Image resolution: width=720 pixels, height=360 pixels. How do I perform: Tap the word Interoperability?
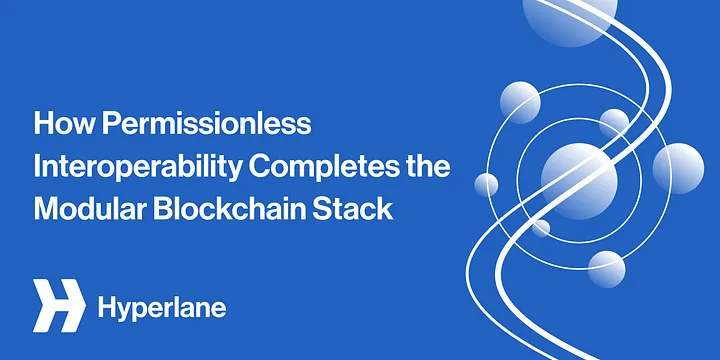(137, 168)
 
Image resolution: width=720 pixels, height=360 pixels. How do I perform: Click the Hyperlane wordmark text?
(162, 308)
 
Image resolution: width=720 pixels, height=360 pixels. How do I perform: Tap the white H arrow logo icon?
(59, 305)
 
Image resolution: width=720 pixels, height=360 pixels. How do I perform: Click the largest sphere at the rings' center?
(579, 181)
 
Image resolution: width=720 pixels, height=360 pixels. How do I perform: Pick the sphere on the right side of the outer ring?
(678, 168)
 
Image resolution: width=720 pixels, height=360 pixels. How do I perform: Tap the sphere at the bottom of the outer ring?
(607, 269)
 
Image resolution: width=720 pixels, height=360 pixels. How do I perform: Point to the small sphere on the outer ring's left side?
(486, 185)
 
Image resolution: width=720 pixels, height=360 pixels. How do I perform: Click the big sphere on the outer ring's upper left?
(520, 102)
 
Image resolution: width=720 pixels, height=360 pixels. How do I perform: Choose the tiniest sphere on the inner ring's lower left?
(541, 228)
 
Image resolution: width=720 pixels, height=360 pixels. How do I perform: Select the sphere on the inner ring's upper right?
(614, 124)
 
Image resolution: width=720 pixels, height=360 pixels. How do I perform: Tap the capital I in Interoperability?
(37, 167)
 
